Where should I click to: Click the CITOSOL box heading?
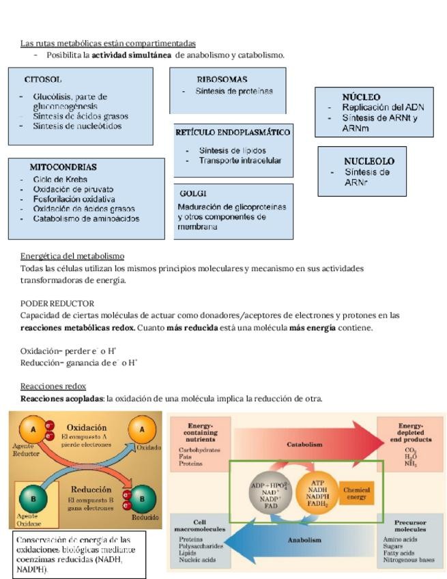click(43, 80)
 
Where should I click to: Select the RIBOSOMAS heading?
click(222, 79)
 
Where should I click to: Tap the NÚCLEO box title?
click(361, 98)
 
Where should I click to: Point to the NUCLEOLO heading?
click(369, 161)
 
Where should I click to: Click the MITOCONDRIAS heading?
click(63, 167)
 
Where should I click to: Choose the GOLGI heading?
click(193, 193)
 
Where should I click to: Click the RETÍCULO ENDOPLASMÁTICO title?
click(233, 132)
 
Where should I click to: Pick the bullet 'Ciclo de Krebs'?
click(60, 180)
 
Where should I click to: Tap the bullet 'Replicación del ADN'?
click(383, 107)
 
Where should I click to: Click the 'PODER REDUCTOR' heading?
click(57, 303)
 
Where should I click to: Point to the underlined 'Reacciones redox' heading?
click(53, 386)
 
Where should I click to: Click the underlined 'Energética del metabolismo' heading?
click(72, 256)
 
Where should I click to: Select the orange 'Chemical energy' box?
click(356, 493)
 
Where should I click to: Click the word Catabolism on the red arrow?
click(304, 444)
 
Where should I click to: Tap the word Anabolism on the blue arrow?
click(304, 540)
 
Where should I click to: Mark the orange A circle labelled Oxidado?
click(142, 429)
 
